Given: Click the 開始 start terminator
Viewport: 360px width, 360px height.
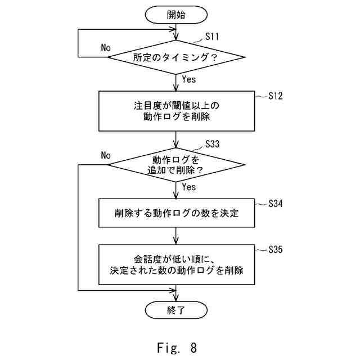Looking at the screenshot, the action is pyautogui.click(x=176, y=15).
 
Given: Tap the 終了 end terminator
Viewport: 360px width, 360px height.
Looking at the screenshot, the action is pyautogui.click(x=176, y=310).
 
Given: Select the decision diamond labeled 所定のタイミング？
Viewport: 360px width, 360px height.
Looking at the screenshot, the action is pyautogui.click(x=176, y=57).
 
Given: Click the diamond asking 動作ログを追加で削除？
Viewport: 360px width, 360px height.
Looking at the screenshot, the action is pyautogui.click(x=176, y=165).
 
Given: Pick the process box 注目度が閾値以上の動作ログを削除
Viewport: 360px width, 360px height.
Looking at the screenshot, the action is pyautogui.click(x=177, y=111).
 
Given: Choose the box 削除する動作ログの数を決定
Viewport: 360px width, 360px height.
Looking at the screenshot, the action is pyautogui.click(x=177, y=213).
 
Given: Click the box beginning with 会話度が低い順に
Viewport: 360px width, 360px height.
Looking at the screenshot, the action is pyautogui.click(x=177, y=265).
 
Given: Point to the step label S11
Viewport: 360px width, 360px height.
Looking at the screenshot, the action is pyautogui.click(x=212, y=37).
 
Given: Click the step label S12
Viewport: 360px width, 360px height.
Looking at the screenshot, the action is pyautogui.click(x=276, y=96).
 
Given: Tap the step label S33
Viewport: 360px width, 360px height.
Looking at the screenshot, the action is pyautogui.click(x=213, y=144).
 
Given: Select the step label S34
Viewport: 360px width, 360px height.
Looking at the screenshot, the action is pyautogui.click(x=276, y=204).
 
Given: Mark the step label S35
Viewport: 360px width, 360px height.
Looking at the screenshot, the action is pyautogui.click(x=276, y=249).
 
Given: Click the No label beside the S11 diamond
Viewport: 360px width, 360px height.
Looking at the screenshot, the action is pyautogui.click(x=106, y=48).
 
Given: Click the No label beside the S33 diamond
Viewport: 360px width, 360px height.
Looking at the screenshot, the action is pyautogui.click(x=106, y=155).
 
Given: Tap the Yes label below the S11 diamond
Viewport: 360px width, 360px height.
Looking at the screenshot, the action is pyautogui.click(x=189, y=79).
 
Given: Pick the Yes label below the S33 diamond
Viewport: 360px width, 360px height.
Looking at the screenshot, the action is pyautogui.click(x=189, y=187).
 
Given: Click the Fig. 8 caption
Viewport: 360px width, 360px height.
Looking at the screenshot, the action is pyautogui.click(x=177, y=348).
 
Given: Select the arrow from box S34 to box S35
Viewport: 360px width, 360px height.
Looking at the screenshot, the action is pyautogui.click(x=176, y=236).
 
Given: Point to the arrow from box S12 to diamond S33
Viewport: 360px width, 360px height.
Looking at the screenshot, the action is pyautogui.click(x=176, y=139).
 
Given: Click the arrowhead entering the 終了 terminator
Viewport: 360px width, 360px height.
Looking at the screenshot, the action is pyautogui.click(x=176, y=299).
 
